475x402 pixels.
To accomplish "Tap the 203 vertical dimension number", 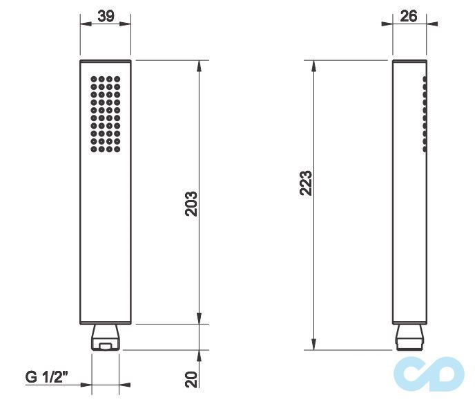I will click(x=192, y=203).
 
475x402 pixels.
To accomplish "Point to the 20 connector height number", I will click(x=192, y=378).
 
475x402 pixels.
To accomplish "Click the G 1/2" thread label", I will click(x=48, y=378).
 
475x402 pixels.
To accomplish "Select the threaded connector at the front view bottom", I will click(x=106, y=337).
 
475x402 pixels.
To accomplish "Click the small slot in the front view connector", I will click(x=106, y=344).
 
